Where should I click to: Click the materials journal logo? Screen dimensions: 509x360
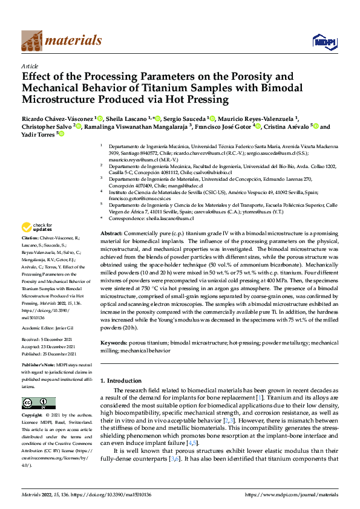pos(61,41)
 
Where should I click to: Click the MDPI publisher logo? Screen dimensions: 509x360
pos(321,41)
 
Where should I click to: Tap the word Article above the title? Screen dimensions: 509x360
pos(30,66)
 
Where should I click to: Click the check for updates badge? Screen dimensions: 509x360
pos(36,228)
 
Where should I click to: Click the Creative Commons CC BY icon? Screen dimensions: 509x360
pos(38,403)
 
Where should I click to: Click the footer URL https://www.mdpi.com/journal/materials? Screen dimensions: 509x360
pos(289,494)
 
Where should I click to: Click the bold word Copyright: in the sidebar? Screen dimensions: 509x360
pos(33,416)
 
